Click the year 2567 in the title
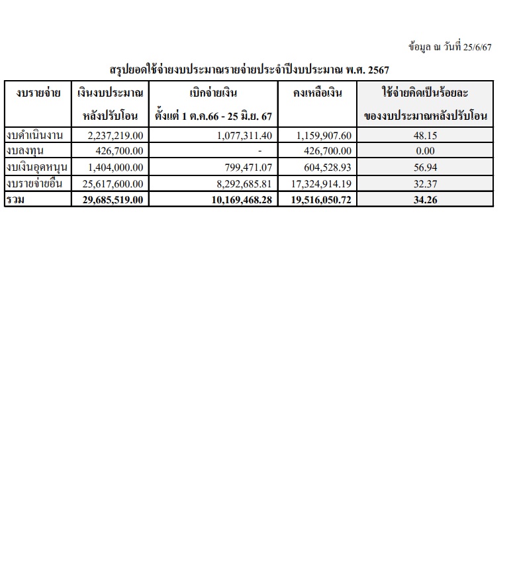point(377,70)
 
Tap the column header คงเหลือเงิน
point(318,93)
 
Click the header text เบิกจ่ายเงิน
point(213,93)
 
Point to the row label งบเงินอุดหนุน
point(37,167)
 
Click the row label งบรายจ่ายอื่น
point(37,184)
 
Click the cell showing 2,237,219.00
point(115,135)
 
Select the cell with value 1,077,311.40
point(244,135)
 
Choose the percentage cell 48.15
point(425,135)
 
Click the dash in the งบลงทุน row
point(259,152)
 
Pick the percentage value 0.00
point(425,151)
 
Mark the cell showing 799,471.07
point(246,167)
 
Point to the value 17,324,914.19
point(321,184)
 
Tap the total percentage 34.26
point(425,199)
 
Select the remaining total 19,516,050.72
point(321,199)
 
